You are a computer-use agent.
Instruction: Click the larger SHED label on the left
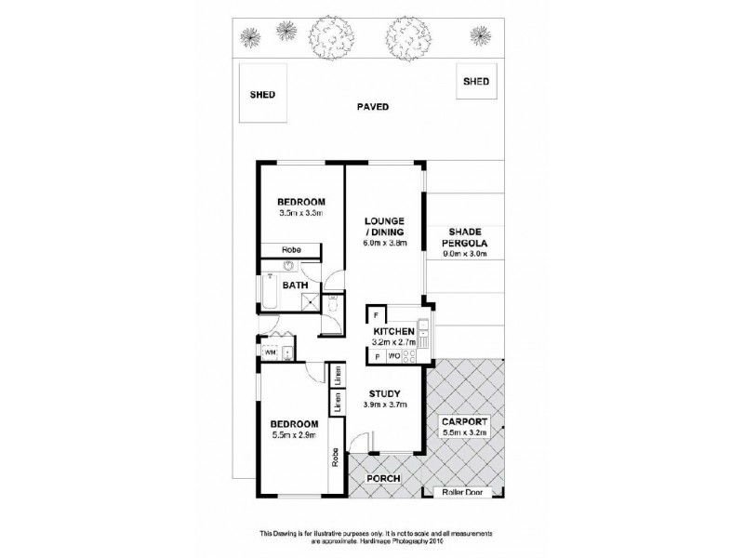263,94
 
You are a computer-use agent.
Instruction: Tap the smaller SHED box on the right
476,82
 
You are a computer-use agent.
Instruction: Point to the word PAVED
372,107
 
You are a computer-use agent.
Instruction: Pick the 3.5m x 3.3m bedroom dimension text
301,213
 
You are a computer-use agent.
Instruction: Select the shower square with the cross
333,301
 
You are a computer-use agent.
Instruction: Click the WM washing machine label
270,352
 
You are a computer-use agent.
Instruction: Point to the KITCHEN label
392,332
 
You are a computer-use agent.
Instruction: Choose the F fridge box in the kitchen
376,314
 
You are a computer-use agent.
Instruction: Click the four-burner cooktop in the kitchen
415,354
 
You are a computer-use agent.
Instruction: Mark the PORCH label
383,479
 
